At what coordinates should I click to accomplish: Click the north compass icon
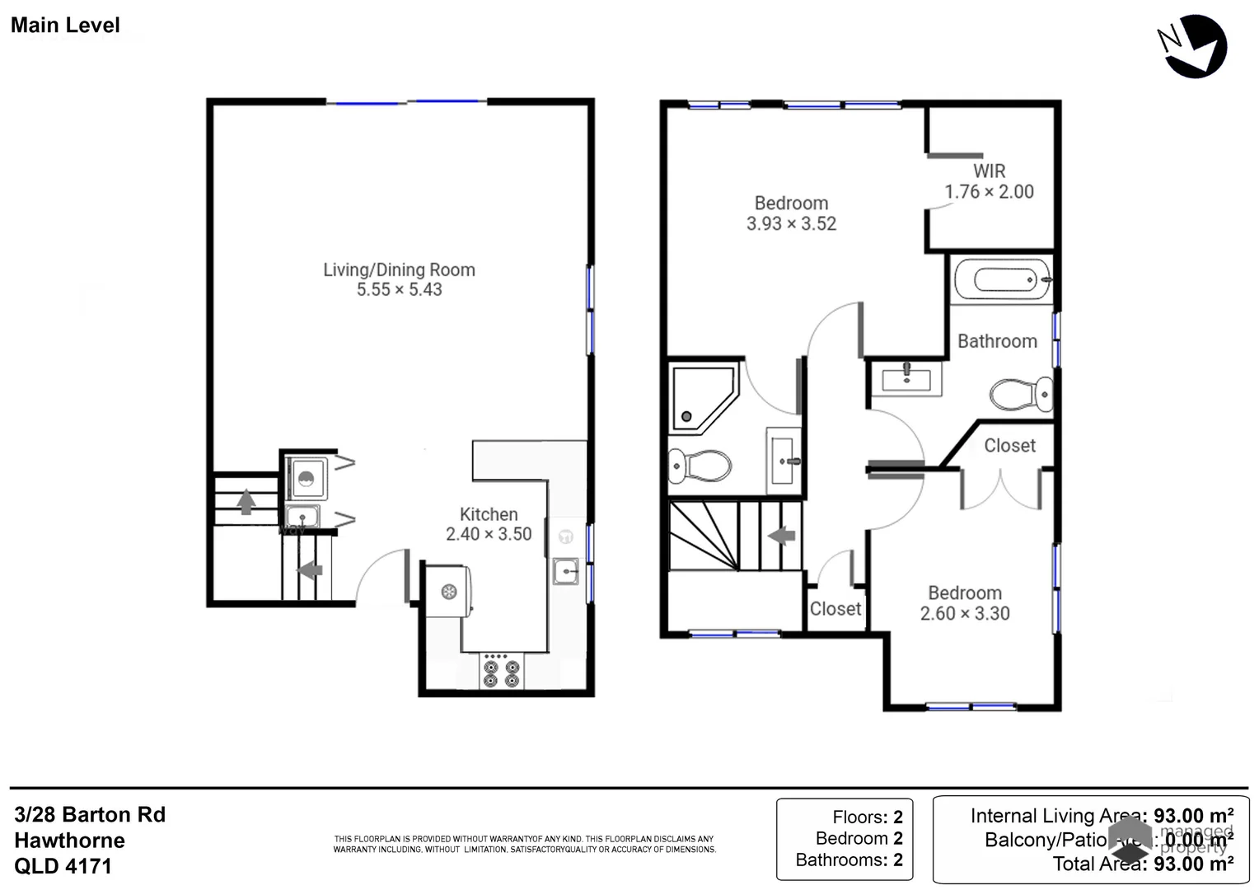point(1195,46)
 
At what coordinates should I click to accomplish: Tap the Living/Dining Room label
point(399,269)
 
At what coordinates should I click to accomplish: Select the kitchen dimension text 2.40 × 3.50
point(489,534)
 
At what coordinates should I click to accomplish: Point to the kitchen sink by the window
point(565,570)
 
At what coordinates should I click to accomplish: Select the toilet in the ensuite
point(700,466)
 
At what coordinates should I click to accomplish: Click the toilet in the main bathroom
point(1021,395)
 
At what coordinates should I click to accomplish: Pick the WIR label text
point(989,171)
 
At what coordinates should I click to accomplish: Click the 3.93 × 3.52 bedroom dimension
point(791,224)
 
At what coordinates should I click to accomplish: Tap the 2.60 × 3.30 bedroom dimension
point(964,614)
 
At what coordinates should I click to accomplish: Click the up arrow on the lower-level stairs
point(246,501)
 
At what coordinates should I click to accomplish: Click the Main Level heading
point(65,26)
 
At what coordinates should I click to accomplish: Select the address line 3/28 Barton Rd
point(90,815)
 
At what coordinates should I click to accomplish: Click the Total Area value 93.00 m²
point(1192,864)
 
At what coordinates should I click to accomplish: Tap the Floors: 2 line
point(867,817)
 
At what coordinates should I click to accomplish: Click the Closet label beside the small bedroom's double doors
point(1009,446)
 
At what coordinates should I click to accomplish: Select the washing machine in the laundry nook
point(306,479)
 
